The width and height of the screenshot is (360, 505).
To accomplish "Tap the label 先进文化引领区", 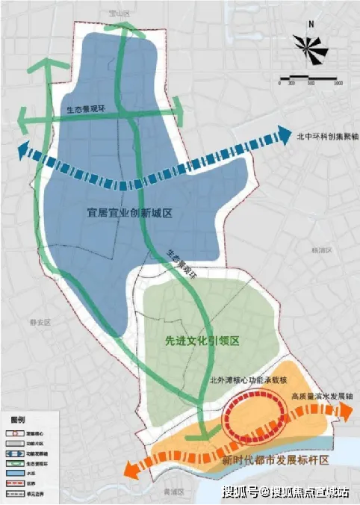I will click(x=202, y=340).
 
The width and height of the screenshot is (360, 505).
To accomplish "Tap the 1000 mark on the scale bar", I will click(x=338, y=84).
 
